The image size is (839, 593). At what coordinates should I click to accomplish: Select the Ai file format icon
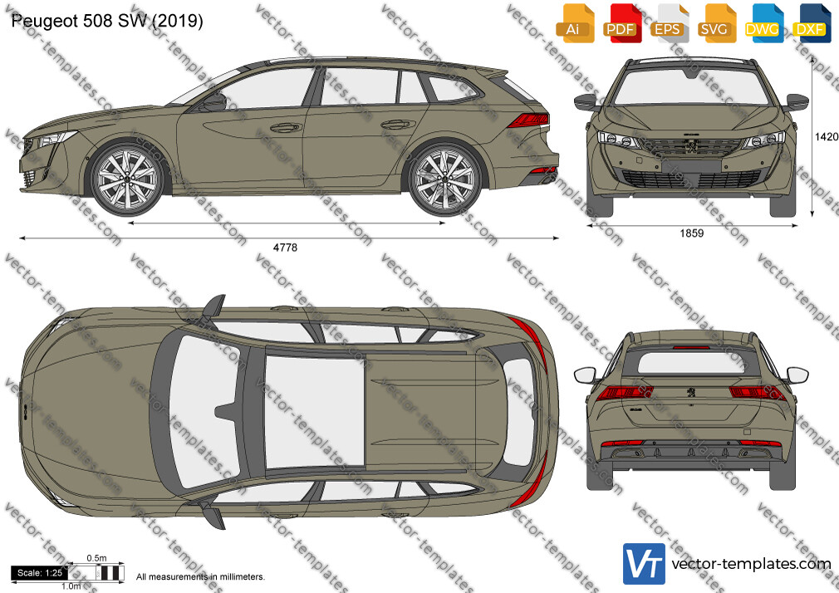575,23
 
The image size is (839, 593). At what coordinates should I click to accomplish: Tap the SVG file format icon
715,23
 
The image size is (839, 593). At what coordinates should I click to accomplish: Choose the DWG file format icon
763,23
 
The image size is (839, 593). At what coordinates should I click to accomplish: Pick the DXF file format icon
811,23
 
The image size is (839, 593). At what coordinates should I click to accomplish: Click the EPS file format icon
668,23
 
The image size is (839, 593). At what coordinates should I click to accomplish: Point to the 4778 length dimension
285,247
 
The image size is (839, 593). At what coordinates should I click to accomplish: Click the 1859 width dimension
691,233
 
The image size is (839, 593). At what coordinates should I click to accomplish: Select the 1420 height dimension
827,137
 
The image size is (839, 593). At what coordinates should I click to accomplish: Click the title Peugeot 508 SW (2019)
107,21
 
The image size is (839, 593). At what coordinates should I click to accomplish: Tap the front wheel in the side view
127,179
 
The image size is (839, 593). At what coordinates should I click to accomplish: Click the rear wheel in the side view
444,179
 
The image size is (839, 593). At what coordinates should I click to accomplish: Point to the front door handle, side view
285,127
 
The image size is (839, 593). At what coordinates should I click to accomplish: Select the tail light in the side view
528,120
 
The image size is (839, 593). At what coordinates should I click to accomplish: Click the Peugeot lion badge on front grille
691,145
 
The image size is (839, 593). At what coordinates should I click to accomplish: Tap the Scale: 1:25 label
40,573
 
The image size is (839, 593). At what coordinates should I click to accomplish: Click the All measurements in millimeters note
200,577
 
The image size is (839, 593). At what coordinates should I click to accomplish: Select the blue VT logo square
644,564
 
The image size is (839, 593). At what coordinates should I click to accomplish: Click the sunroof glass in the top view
315,410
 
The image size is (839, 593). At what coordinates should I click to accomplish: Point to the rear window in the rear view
691,363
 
